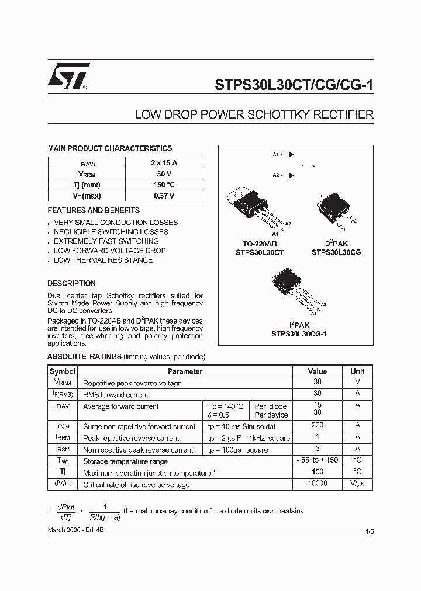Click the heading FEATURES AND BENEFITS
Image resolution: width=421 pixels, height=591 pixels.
pos(94,210)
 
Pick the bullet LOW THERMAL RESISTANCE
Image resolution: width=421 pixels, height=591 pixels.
pos(103,260)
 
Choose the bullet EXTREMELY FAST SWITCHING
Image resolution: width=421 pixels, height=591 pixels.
pos(106,241)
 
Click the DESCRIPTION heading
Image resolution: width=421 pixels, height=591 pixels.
pos(71,283)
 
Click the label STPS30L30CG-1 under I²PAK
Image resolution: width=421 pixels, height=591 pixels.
pos(298,334)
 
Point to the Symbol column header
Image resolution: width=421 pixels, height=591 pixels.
pos(63,371)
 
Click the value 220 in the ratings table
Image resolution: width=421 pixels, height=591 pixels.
pos(317,426)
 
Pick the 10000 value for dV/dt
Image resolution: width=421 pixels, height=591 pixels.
pos(317,484)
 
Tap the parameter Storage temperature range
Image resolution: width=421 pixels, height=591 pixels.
pos(126,461)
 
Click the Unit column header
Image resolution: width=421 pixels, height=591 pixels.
pos(357,371)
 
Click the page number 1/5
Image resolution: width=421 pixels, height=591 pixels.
pos(368,531)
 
